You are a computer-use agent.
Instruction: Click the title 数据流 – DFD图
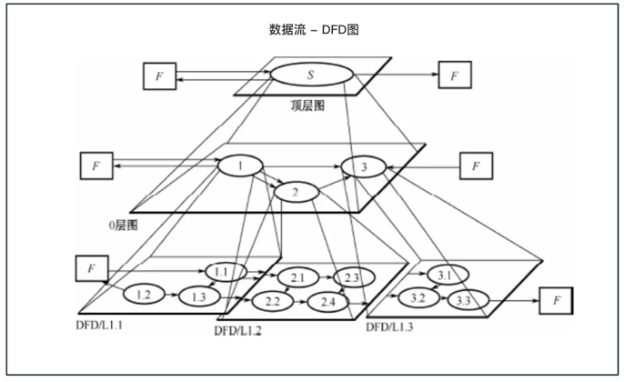click(x=313, y=29)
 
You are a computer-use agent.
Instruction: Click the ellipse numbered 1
click(x=240, y=166)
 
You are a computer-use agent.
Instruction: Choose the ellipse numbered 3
click(x=364, y=167)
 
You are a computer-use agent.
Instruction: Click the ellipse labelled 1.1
click(x=223, y=272)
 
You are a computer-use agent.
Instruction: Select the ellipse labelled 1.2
click(x=141, y=293)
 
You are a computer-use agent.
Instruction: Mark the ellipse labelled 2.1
click(x=297, y=277)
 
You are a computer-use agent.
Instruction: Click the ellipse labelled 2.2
click(x=272, y=300)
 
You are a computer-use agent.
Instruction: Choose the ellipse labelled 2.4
click(x=327, y=300)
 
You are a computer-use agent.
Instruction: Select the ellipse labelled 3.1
click(x=446, y=275)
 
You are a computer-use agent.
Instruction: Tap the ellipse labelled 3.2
click(x=418, y=297)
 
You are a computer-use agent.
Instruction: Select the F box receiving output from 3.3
click(x=558, y=299)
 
